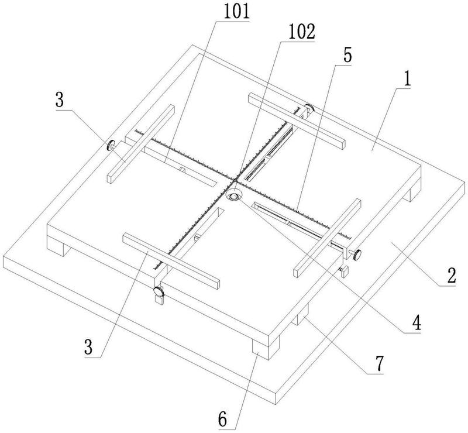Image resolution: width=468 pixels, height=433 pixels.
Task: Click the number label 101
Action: click(237, 12)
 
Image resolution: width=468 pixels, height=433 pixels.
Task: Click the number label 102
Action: click(301, 32)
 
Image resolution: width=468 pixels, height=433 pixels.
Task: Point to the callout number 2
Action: click(451, 276)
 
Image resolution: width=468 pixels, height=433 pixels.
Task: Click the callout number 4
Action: click(416, 322)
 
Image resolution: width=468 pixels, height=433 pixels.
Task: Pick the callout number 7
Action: click(378, 363)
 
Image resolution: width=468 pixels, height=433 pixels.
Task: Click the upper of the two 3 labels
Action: click(60, 100)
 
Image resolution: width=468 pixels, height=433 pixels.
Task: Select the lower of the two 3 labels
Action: click(89, 347)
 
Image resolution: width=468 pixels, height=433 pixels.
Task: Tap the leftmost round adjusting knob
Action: click(111, 145)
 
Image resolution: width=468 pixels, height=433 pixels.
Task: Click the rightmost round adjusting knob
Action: click(356, 255)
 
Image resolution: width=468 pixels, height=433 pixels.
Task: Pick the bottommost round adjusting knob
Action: click(158, 291)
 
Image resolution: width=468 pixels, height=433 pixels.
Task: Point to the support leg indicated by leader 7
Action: click(301, 314)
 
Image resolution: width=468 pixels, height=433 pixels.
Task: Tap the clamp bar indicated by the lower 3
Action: click(171, 262)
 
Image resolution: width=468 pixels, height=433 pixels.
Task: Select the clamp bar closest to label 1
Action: click(297, 121)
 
